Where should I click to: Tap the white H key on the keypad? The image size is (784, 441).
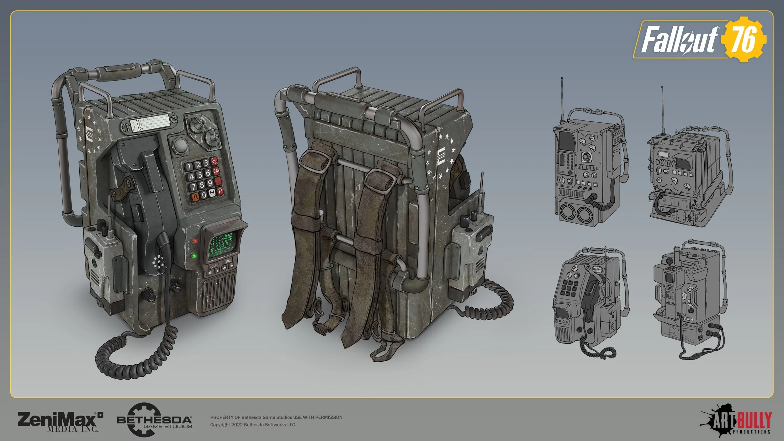[212, 193]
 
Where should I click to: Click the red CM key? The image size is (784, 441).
[216, 171]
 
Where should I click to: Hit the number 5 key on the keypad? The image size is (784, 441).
[200, 174]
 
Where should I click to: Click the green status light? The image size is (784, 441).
[194, 255]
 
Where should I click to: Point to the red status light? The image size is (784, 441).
[195, 241]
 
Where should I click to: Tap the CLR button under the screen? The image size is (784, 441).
[214, 266]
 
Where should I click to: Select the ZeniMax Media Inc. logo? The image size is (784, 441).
[60, 422]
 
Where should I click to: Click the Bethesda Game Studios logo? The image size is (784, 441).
[154, 420]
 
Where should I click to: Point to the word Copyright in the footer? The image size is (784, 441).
[220, 425]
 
